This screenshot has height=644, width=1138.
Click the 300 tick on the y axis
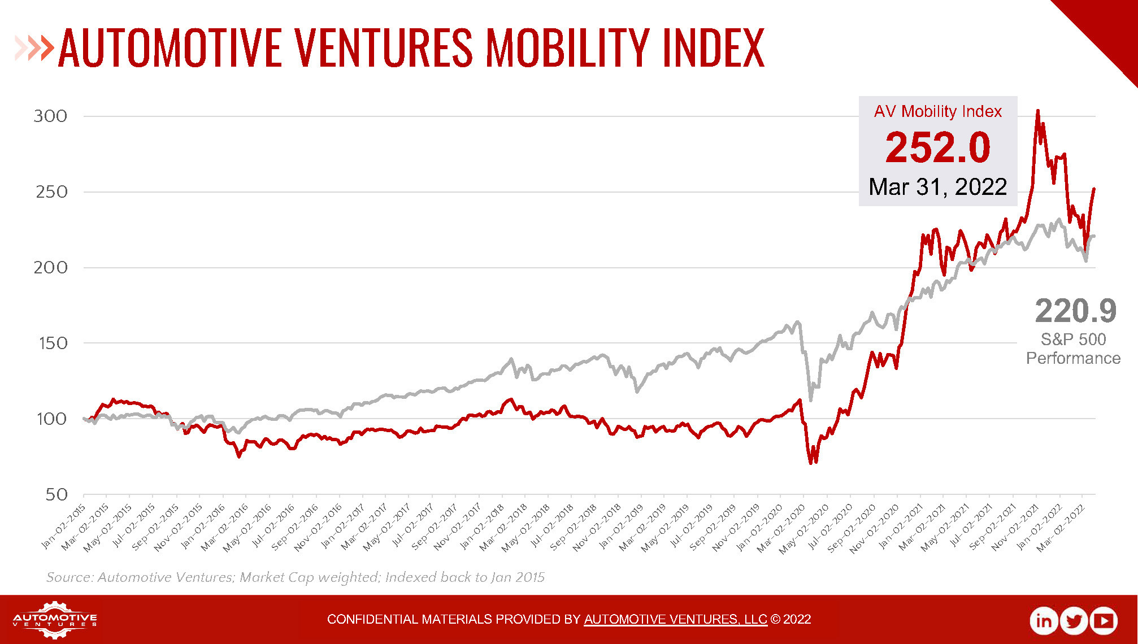pos(50,116)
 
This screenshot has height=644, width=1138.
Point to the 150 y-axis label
pos(53,343)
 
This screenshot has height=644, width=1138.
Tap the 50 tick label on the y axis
pos(57,494)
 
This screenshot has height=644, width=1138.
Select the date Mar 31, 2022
pos(937,187)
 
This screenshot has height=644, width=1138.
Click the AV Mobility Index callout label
pos(937,111)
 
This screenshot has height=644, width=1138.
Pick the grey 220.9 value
pos(1075,311)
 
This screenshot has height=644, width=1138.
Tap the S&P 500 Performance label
pos(1073,349)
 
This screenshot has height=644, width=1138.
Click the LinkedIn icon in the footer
pos(1043,620)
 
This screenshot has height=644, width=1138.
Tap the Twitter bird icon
pos(1074,620)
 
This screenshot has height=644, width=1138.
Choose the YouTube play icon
pos(1104,620)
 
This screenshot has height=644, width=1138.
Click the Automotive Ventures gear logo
pos(55,620)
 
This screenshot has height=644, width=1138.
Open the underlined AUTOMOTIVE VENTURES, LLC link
pos(675,619)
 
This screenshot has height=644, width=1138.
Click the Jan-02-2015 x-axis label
pos(64,526)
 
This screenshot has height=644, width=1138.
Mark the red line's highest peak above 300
pos(1037,112)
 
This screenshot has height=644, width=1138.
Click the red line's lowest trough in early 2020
pos(811,462)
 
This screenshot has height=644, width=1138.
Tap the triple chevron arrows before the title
pos(34,48)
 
